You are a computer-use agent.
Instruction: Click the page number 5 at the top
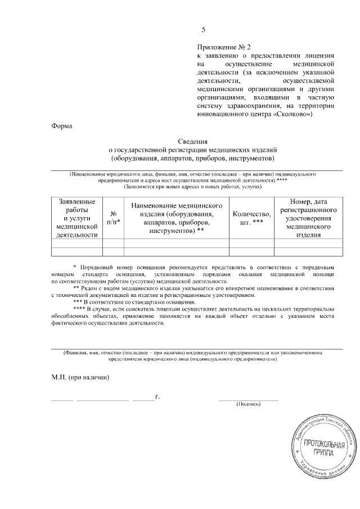tap(204, 30)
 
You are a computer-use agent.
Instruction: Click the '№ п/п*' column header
tap(113, 218)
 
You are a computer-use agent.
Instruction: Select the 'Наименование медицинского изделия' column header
tap(177, 218)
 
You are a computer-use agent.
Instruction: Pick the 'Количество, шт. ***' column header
tap(251, 218)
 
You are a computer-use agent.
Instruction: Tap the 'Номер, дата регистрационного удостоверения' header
tap(308, 218)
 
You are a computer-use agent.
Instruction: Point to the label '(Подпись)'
tap(248, 403)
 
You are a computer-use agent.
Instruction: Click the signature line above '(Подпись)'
tap(248, 399)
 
